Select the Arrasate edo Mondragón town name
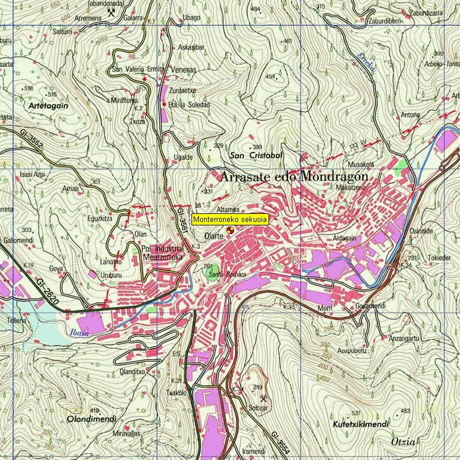click(x=293, y=176)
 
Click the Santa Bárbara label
click(x=224, y=274)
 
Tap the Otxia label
click(x=402, y=442)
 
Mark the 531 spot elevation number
click(x=356, y=413)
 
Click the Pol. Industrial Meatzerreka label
click(x=162, y=253)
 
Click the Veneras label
click(x=184, y=70)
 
